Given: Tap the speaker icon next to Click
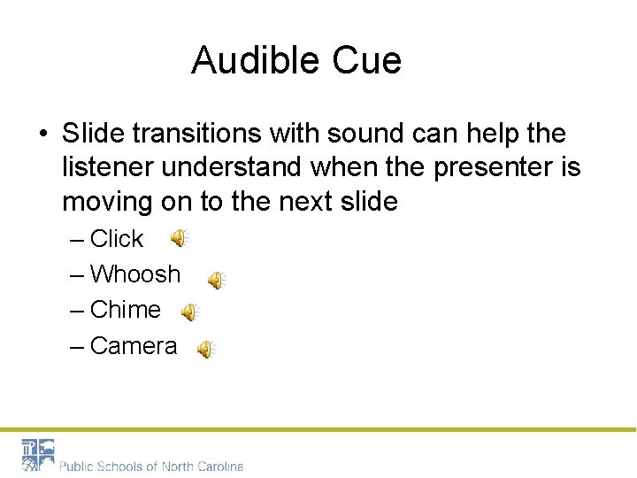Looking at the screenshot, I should pyautogui.click(x=180, y=238).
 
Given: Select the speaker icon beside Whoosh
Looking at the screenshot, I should pyautogui.click(x=217, y=281).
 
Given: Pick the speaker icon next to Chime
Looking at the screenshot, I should pyautogui.click(x=190, y=312).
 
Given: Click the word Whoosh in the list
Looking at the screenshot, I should pyautogui.click(x=134, y=274).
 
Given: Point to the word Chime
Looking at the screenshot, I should pyautogui.click(x=125, y=310).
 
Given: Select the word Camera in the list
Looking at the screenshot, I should pyautogui.click(x=133, y=345).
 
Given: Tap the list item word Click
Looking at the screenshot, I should pyautogui.click(x=116, y=239).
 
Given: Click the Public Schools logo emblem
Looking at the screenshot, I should pyautogui.click(x=38, y=455).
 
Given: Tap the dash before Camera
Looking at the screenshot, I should pyautogui.click(x=77, y=345).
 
